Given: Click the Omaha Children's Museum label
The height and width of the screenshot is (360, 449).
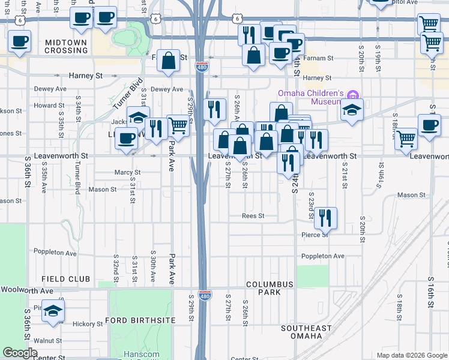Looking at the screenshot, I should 310,97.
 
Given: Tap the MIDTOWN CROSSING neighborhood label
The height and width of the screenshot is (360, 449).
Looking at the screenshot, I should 66,46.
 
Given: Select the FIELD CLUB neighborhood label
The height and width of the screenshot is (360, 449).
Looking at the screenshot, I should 66,279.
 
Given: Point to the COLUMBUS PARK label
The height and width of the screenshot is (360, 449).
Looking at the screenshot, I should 270,288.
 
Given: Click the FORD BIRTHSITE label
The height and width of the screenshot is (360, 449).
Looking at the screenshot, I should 140,320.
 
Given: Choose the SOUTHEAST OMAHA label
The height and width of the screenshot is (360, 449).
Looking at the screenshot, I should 306,332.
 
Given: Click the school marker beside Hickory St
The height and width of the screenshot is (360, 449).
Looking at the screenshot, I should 53,312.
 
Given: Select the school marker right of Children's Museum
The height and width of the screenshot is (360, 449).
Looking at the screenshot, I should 352,110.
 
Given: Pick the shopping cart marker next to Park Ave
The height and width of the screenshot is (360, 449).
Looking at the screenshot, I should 178,126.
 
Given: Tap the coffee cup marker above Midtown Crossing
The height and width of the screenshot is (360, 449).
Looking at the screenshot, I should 20,42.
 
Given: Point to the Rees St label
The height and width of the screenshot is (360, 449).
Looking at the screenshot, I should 253,215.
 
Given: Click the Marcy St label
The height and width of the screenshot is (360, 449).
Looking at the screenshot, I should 127,172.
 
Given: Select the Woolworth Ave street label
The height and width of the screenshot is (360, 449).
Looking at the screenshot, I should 27,290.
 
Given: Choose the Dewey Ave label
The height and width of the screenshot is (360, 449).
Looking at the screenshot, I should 166,89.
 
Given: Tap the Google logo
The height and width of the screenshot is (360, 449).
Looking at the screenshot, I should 20,353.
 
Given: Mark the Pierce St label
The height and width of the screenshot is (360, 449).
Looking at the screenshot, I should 315,235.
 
